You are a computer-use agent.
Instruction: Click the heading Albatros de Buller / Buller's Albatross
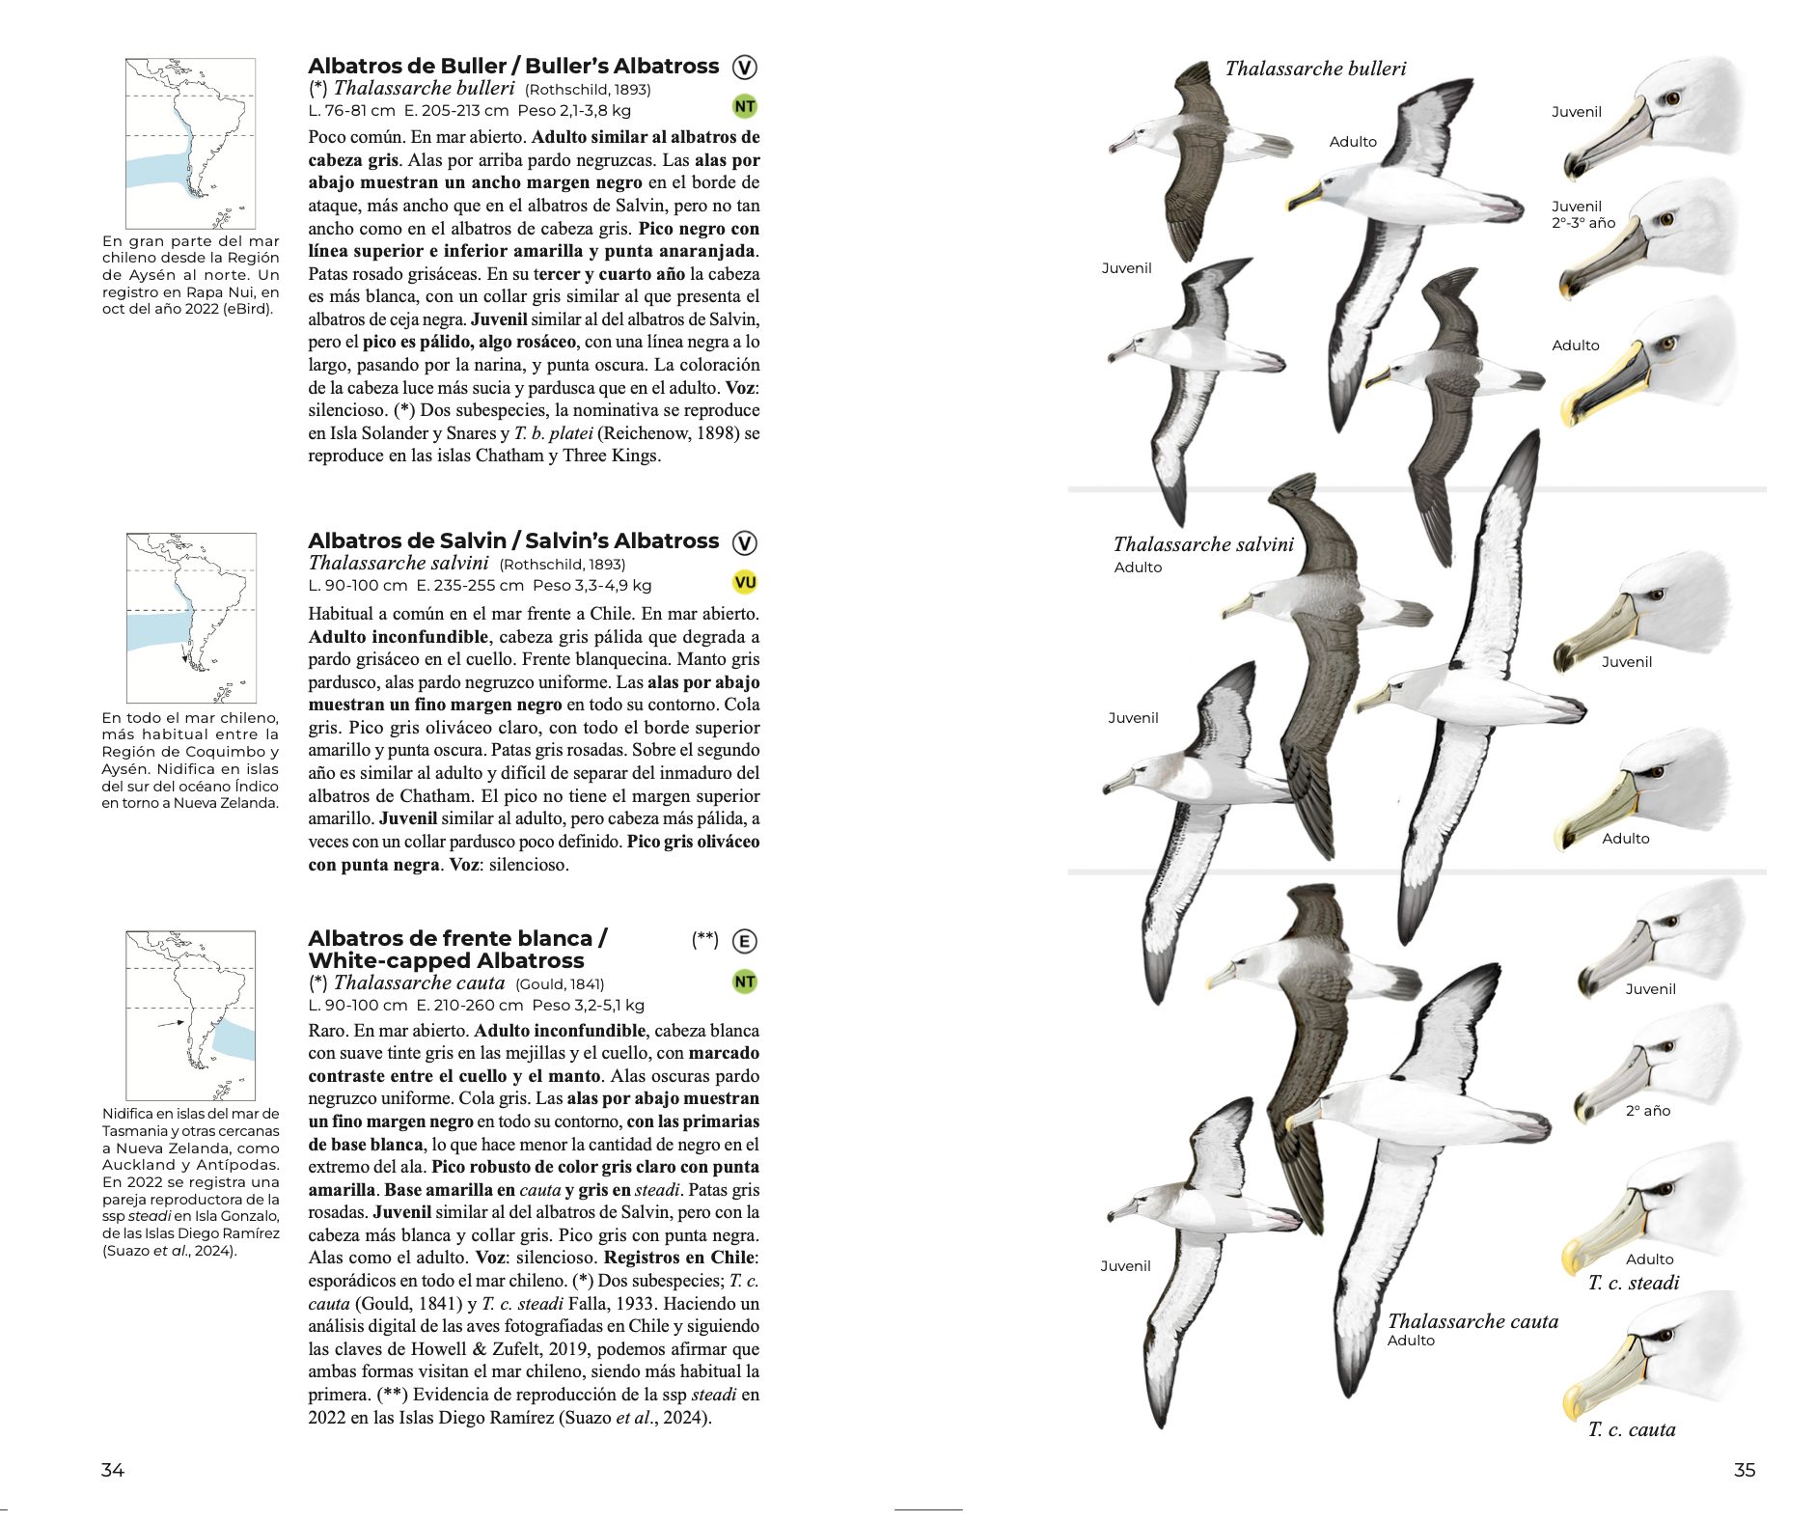tap(513, 67)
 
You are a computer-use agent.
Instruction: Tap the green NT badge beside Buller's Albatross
tap(744, 106)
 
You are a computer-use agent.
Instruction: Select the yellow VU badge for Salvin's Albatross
tap(744, 582)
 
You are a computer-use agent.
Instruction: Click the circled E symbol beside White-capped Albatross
tap(744, 941)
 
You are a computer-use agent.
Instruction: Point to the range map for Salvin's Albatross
tap(191, 618)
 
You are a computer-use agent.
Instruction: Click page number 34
tap(113, 1470)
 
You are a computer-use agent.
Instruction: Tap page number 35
tap(1744, 1470)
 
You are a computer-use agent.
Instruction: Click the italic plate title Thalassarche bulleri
tap(1315, 69)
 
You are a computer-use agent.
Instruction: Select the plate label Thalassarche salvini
tap(1203, 544)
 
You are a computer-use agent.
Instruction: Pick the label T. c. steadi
tap(1634, 1283)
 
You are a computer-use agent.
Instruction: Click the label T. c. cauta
tap(1632, 1429)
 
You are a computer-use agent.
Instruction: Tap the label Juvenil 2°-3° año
tap(1583, 214)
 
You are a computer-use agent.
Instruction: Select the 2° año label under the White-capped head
tap(1647, 1111)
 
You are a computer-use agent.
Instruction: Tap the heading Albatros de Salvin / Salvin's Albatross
tap(513, 541)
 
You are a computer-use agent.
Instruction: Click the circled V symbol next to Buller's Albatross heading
tap(744, 68)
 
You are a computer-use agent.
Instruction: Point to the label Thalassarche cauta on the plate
tap(1472, 1321)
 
